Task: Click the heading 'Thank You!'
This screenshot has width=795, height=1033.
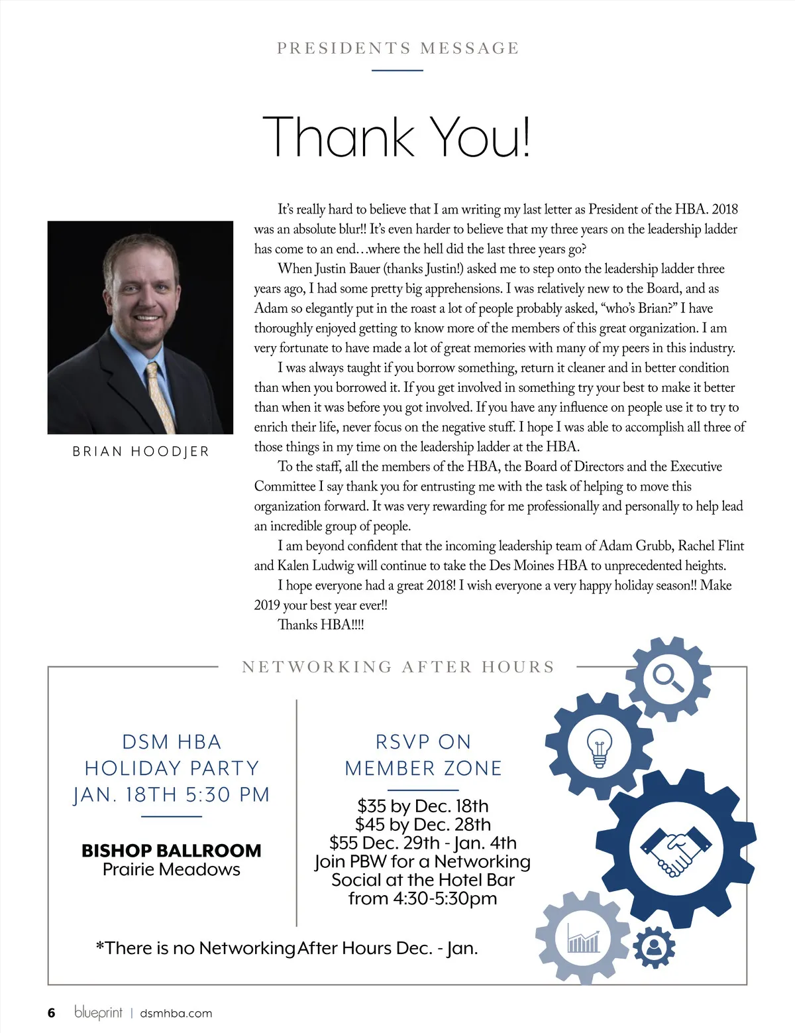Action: (x=396, y=137)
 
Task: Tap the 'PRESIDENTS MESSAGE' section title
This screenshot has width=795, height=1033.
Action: (x=397, y=48)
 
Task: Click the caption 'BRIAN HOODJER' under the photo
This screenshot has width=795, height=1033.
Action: (x=140, y=452)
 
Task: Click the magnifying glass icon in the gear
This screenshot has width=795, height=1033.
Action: (x=668, y=677)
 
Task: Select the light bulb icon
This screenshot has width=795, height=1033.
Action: (x=599, y=747)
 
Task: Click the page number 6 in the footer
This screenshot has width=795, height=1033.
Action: (x=52, y=1013)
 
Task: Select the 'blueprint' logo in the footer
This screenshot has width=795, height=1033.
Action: (x=98, y=1012)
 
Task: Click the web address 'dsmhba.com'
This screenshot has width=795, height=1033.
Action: (x=176, y=1013)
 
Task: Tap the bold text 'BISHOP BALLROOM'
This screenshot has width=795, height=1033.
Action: (x=172, y=851)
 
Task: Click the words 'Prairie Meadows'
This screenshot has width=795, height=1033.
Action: (x=172, y=870)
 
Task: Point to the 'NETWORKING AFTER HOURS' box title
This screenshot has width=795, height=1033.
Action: (x=398, y=667)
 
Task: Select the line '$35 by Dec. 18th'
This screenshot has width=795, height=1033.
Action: (x=423, y=806)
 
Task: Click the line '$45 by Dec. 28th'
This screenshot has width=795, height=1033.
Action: (x=423, y=825)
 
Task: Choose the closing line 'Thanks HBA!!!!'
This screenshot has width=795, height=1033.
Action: (x=321, y=625)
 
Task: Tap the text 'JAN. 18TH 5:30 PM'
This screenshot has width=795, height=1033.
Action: (x=172, y=794)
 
